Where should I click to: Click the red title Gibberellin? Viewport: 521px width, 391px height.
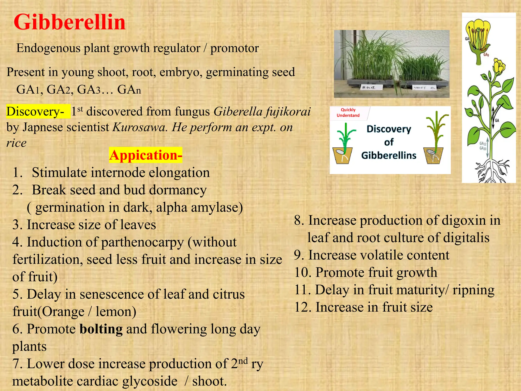click(x=69, y=22)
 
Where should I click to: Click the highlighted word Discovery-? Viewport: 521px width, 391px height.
click(x=35, y=111)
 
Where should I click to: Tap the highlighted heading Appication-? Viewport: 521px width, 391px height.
click(x=146, y=155)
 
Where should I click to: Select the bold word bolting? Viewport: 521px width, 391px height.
click(x=101, y=329)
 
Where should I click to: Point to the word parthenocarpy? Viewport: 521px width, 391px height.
click(x=142, y=242)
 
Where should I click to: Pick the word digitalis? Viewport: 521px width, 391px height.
click(x=466, y=238)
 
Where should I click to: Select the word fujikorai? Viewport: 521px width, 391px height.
click(x=287, y=111)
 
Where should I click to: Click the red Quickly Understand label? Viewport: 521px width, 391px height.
click(x=348, y=113)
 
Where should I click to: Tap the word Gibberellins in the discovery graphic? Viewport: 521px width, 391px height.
click(x=389, y=155)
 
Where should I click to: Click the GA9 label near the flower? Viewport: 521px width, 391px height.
click(x=486, y=54)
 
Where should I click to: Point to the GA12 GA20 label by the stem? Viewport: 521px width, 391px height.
click(x=483, y=146)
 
